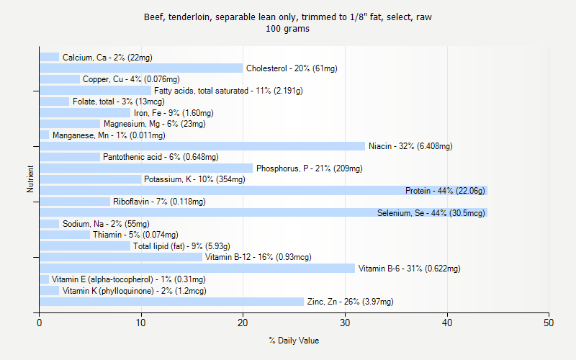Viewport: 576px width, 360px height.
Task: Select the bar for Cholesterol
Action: (141, 68)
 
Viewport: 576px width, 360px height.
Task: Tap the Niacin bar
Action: (202, 146)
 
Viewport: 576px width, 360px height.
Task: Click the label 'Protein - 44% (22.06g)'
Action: (445, 191)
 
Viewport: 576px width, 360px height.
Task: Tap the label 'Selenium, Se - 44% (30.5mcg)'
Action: (431, 213)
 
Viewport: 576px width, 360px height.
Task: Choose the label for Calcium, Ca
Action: (107, 57)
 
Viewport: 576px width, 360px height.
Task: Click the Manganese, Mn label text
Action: (109, 135)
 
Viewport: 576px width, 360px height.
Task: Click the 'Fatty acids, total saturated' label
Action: (228, 91)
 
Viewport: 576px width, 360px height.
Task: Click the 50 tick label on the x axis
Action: (549, 323)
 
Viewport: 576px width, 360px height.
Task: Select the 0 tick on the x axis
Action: (40, 323)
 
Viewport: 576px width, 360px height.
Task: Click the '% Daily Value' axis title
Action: (294, 341)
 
